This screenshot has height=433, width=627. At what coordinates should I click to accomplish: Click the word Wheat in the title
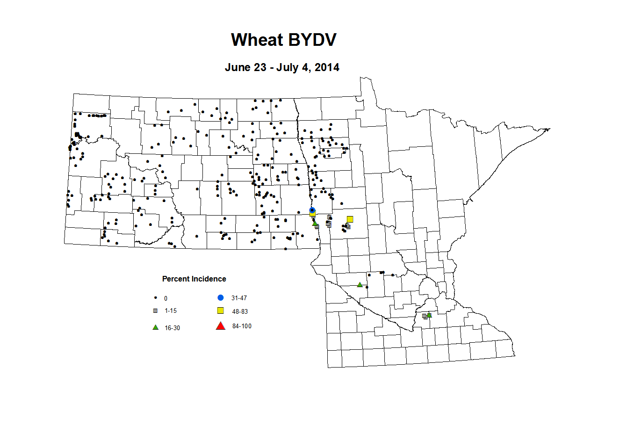tap(257, 40)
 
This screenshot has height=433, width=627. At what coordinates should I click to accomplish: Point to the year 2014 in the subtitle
tap(327, 67)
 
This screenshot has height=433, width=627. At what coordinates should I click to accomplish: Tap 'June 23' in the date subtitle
tap(245, 67)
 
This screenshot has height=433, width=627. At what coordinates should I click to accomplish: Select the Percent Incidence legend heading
tap(194, 279)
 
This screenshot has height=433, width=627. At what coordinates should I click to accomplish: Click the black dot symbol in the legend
tap(155, 298)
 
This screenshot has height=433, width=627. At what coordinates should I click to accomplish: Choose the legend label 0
tap(166, 298)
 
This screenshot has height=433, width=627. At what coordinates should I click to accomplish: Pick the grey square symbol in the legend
tap(155, 310)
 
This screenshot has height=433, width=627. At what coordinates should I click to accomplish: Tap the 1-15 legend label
tap(171, 311)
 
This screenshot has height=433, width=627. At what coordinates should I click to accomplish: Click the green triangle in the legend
tap(156, 327)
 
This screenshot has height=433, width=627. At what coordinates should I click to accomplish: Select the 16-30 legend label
tap(172, 328)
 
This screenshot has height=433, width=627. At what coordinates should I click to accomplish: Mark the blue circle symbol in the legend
tap(221, 297)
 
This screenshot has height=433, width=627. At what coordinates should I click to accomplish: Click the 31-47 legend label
tap(239, 298)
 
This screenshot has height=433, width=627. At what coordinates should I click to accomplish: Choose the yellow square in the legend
tap(221, 311)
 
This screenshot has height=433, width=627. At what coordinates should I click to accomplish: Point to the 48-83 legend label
tap(240, 311)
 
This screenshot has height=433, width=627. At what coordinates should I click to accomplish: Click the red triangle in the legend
tap(221, 326)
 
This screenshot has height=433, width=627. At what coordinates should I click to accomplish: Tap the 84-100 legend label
tap(242, 326)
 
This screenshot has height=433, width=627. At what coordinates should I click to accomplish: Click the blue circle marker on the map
tap(312, 210)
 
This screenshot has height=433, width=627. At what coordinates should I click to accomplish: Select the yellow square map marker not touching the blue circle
tap(350, 219)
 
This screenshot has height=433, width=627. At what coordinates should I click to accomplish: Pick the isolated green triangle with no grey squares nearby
tap(360, 284)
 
